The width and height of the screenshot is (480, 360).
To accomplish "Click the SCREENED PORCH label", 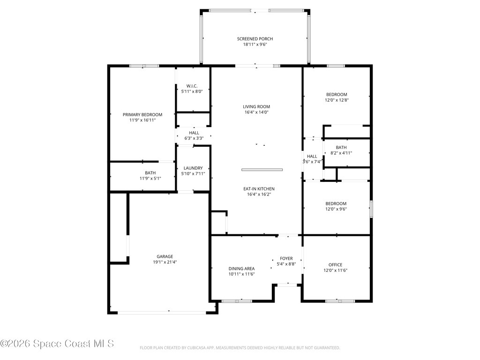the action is pos(255,39).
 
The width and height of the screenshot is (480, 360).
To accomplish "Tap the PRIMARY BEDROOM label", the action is pos(142,115).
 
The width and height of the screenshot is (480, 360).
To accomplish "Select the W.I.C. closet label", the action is pos(192,86).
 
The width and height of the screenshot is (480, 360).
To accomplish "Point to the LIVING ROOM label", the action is pos(256,107).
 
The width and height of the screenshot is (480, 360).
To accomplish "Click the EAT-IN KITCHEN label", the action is pos(259,189).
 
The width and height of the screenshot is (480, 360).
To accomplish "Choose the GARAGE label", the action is pos(165,256).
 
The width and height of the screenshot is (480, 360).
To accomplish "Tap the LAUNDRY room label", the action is pos(193,168).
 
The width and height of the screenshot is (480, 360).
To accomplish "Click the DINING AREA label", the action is pos(241,269).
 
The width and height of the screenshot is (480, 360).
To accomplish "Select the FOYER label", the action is pos(286,259).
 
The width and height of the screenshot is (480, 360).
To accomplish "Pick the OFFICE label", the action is pos(336,265).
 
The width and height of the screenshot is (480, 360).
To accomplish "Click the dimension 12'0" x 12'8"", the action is pos(337,100).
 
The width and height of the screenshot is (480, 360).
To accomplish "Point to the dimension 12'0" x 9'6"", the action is pos(336,209).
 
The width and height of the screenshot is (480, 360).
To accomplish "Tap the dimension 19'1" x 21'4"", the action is pos(165,262).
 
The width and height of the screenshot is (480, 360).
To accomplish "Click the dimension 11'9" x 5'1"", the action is pos(150,179).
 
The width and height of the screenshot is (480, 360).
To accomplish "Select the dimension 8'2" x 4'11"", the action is pos(341,153).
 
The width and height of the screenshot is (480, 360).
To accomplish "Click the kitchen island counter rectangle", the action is pos(262,170).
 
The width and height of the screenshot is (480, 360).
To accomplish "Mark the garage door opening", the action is pos(162,313).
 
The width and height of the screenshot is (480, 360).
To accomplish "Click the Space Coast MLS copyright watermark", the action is pos(57,344).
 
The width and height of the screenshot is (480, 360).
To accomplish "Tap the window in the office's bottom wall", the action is pos(340,301).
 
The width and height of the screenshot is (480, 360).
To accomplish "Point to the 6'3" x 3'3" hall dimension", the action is pos(194,138).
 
